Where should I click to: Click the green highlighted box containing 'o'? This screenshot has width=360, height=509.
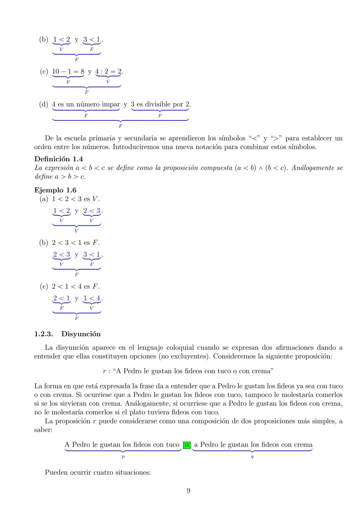tap(187, 445)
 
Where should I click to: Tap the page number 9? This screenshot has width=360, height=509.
tap(188, 491)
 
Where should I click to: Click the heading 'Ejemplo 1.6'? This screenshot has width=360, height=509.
tap(55, 190)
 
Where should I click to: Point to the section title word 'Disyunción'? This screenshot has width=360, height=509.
tap(81, 334)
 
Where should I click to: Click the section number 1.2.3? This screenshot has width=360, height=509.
tap(44, 334)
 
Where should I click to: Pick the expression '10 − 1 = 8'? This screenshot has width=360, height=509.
tap(68, 71)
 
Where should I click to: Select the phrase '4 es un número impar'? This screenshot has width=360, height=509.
tap(86, 104)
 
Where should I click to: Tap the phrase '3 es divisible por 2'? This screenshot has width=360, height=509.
tap(160, 104)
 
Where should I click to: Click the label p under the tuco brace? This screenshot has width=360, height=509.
tap(123, 457)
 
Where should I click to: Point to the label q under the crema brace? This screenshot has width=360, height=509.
tap(252, 457)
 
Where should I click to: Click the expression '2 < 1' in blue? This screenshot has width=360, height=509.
tap(61, 298)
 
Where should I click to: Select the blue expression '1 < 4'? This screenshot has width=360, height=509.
tap(92, 298)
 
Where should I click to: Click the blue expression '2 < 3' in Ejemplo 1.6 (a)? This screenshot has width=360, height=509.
tap(92, 211)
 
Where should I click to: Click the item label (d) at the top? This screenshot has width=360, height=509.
tap(44, 104)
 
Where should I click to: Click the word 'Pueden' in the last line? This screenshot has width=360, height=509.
tap(56, 472)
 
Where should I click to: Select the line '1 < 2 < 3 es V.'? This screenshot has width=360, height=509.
tap(75, 199)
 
